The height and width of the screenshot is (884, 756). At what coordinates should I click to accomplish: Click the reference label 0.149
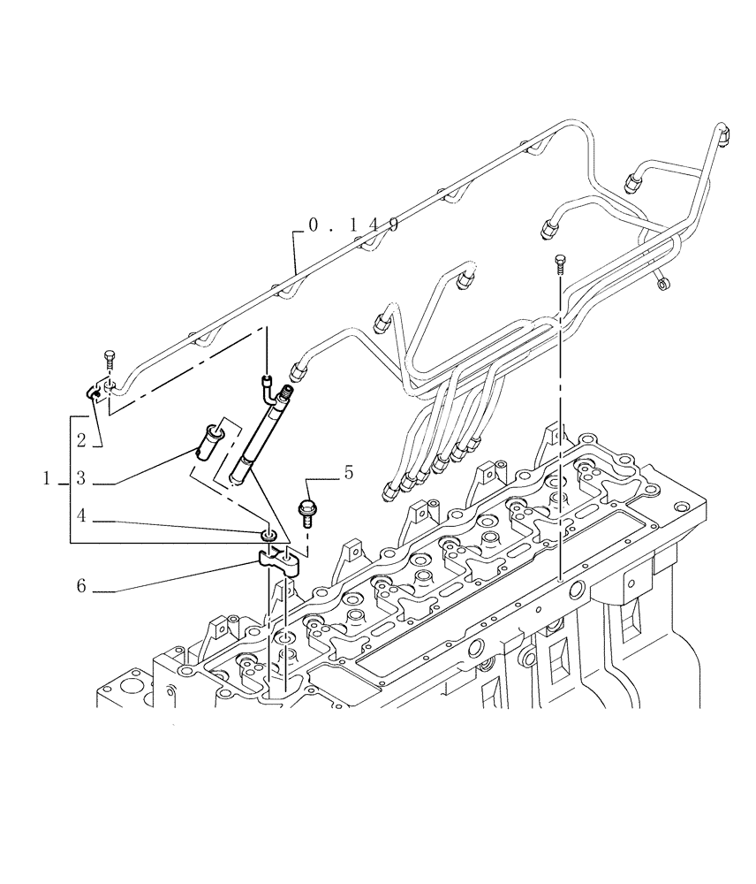(x=352, y=225)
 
